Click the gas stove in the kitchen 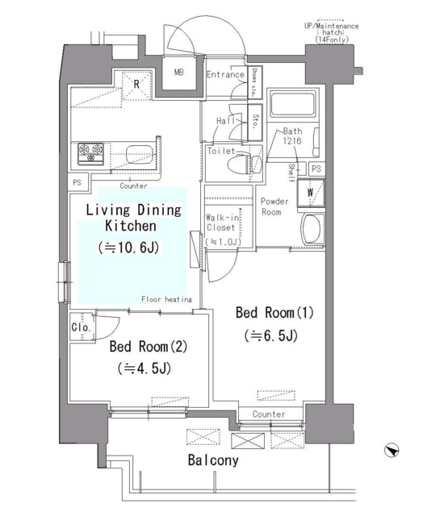click(90, 154)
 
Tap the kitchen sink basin click(140, 154)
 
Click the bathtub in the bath click(293, 103)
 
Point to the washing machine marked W click(311, 193)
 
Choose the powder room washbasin click(312, 229)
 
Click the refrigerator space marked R click(136, 85)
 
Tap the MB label click(179, 72)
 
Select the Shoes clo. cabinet click(254, 82)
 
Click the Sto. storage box click(255, 122)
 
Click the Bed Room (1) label click(274, 312)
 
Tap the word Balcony click(213, 460)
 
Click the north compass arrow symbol click(391, 450)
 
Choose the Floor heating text click(167, 299)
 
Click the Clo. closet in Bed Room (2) click(82, 327)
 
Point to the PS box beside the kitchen click(77, 182)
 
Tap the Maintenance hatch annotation click(332, 32)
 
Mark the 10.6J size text click(129, 248)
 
